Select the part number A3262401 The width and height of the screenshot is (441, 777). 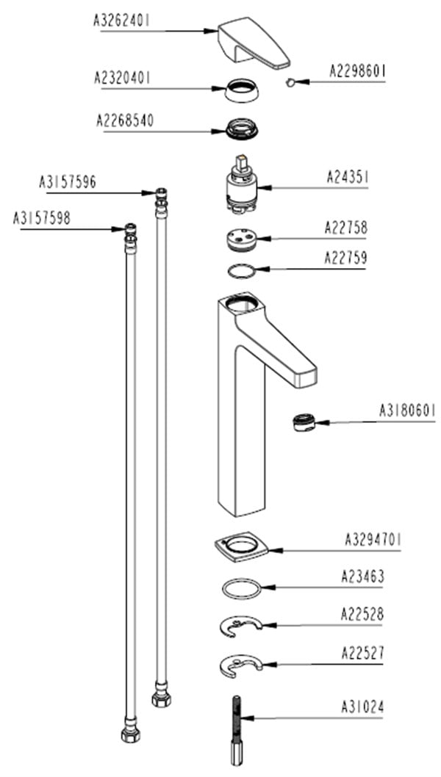click(x=122, y=21)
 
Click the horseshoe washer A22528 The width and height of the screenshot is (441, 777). click(x=241, y=626)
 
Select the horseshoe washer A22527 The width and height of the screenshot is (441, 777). click(x=240, y=665)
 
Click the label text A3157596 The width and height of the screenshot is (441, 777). click(x=68, y=181)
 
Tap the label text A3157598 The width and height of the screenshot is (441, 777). click(x=42, y=218)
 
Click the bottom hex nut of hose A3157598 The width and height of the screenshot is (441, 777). click(x=130, y=734)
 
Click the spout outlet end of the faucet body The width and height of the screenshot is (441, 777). click(x=305, y=376)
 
